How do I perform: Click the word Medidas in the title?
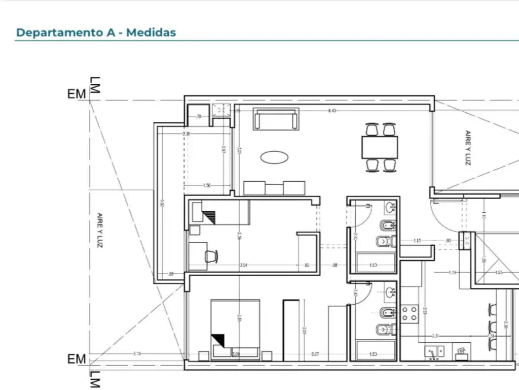pos(151,32)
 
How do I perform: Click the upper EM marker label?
pos(77,94)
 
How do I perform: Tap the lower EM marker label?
pos(77,359)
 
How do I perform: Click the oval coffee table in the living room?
pos(274,157)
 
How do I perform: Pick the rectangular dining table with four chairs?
pos(380,147)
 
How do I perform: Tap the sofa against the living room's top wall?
pos(276,119)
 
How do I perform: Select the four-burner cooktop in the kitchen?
pos(410,313)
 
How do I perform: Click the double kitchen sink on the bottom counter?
pos(434,350)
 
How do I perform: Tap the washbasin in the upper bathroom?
pos(390,207)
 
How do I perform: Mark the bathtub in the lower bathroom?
pos(376,350)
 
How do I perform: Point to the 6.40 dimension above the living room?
pos(332,110)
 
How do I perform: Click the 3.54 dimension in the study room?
pos(243,265)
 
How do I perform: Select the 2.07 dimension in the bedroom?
pos(315,353)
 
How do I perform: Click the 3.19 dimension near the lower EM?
pos(137,353)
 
